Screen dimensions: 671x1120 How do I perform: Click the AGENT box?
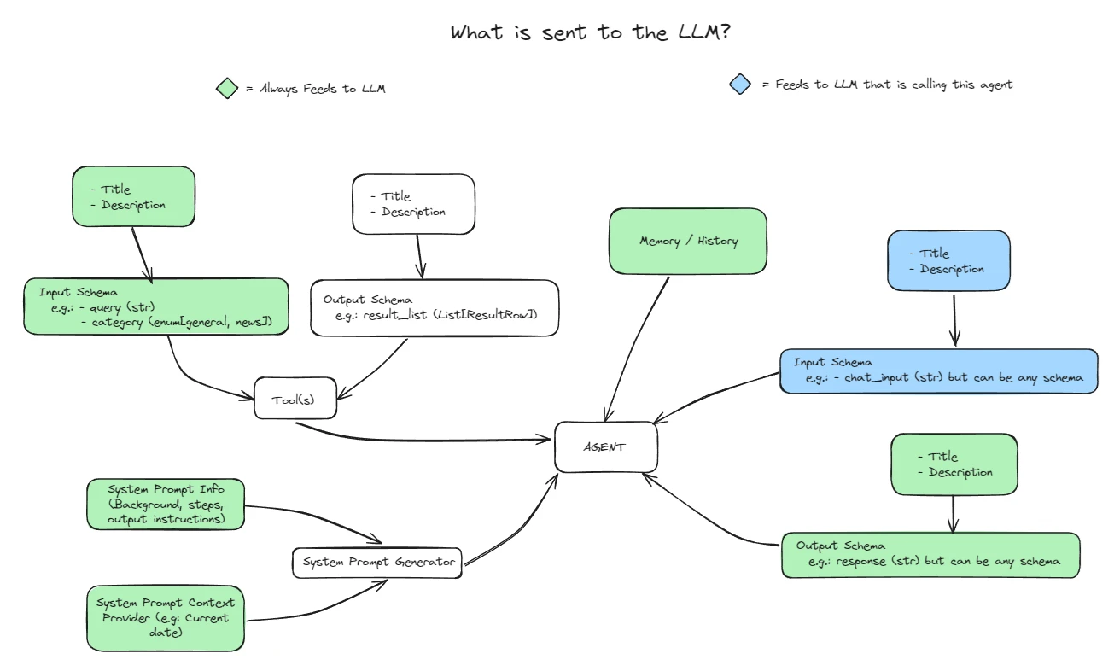605,446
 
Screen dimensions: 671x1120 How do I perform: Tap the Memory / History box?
688,241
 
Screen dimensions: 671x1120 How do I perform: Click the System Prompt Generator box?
376,563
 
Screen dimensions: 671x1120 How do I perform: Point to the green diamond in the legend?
226,88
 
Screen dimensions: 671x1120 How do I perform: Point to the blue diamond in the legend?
740,84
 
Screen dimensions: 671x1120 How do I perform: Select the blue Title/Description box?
948,260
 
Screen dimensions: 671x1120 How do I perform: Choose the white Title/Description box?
413,204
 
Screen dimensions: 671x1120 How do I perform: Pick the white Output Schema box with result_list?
435,308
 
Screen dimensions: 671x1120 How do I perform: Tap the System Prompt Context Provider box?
165,617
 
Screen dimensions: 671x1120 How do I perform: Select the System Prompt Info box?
166,504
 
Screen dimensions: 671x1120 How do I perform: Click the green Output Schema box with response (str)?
930,555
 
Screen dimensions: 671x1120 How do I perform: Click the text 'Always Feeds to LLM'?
322,88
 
